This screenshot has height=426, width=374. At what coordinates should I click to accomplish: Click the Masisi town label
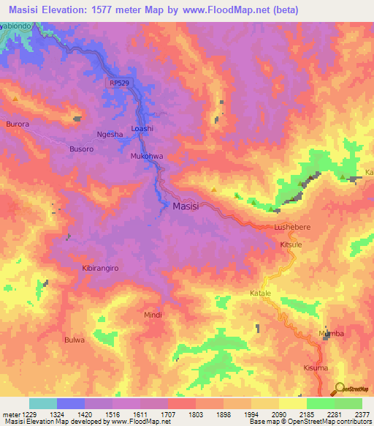click(x=191, y=207)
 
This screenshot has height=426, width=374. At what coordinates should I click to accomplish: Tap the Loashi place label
click(x=142, y=129)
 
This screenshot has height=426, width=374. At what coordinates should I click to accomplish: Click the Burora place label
click(x=18, y=124)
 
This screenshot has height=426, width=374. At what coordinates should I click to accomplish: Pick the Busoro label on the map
click(x=81, y=149)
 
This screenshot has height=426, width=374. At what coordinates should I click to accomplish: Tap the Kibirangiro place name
click(x=94, y=269)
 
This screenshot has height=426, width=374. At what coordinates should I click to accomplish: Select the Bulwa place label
click(x=75, y=340)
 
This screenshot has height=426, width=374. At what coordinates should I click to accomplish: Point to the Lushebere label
click(x=292, y=228)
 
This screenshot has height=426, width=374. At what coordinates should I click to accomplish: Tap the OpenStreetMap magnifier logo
click(x=339, y=390)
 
